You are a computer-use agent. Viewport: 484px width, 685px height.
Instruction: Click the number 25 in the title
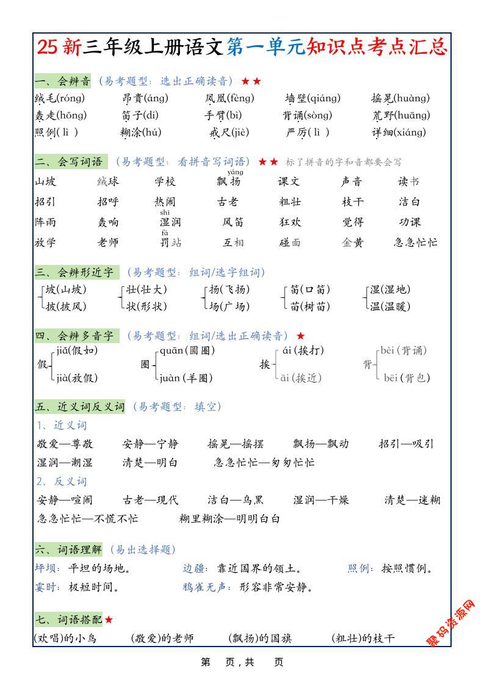pos(48,47)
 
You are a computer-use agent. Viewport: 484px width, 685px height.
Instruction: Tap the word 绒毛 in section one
pos(45,98)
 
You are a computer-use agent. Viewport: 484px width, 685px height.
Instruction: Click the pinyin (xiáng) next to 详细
pos(408,132)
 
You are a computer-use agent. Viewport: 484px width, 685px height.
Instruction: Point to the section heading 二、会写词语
pos(69,162)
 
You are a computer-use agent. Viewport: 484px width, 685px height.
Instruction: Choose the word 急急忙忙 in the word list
pos(416,242)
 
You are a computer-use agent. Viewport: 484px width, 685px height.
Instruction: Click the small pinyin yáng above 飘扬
pos(234,172)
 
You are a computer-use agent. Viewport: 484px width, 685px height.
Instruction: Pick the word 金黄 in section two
pos(353,242)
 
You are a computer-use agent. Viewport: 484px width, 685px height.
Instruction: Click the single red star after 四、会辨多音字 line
pos(300,336)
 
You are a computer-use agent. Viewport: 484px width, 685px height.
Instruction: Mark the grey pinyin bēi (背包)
pos(406,378)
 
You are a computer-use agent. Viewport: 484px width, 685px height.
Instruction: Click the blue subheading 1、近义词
pos(61,426)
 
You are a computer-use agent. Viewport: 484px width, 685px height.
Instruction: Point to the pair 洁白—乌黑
pos(236,501)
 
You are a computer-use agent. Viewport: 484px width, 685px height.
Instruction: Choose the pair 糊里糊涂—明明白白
pos(229,519)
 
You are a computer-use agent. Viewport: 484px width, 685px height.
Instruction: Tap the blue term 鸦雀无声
pos(207,587)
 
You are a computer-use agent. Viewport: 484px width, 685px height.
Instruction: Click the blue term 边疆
pos(195,569)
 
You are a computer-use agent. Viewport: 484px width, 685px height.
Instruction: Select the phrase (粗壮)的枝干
pos(363,639)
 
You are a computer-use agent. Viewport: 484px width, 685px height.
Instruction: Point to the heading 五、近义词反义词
pos(79,407)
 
